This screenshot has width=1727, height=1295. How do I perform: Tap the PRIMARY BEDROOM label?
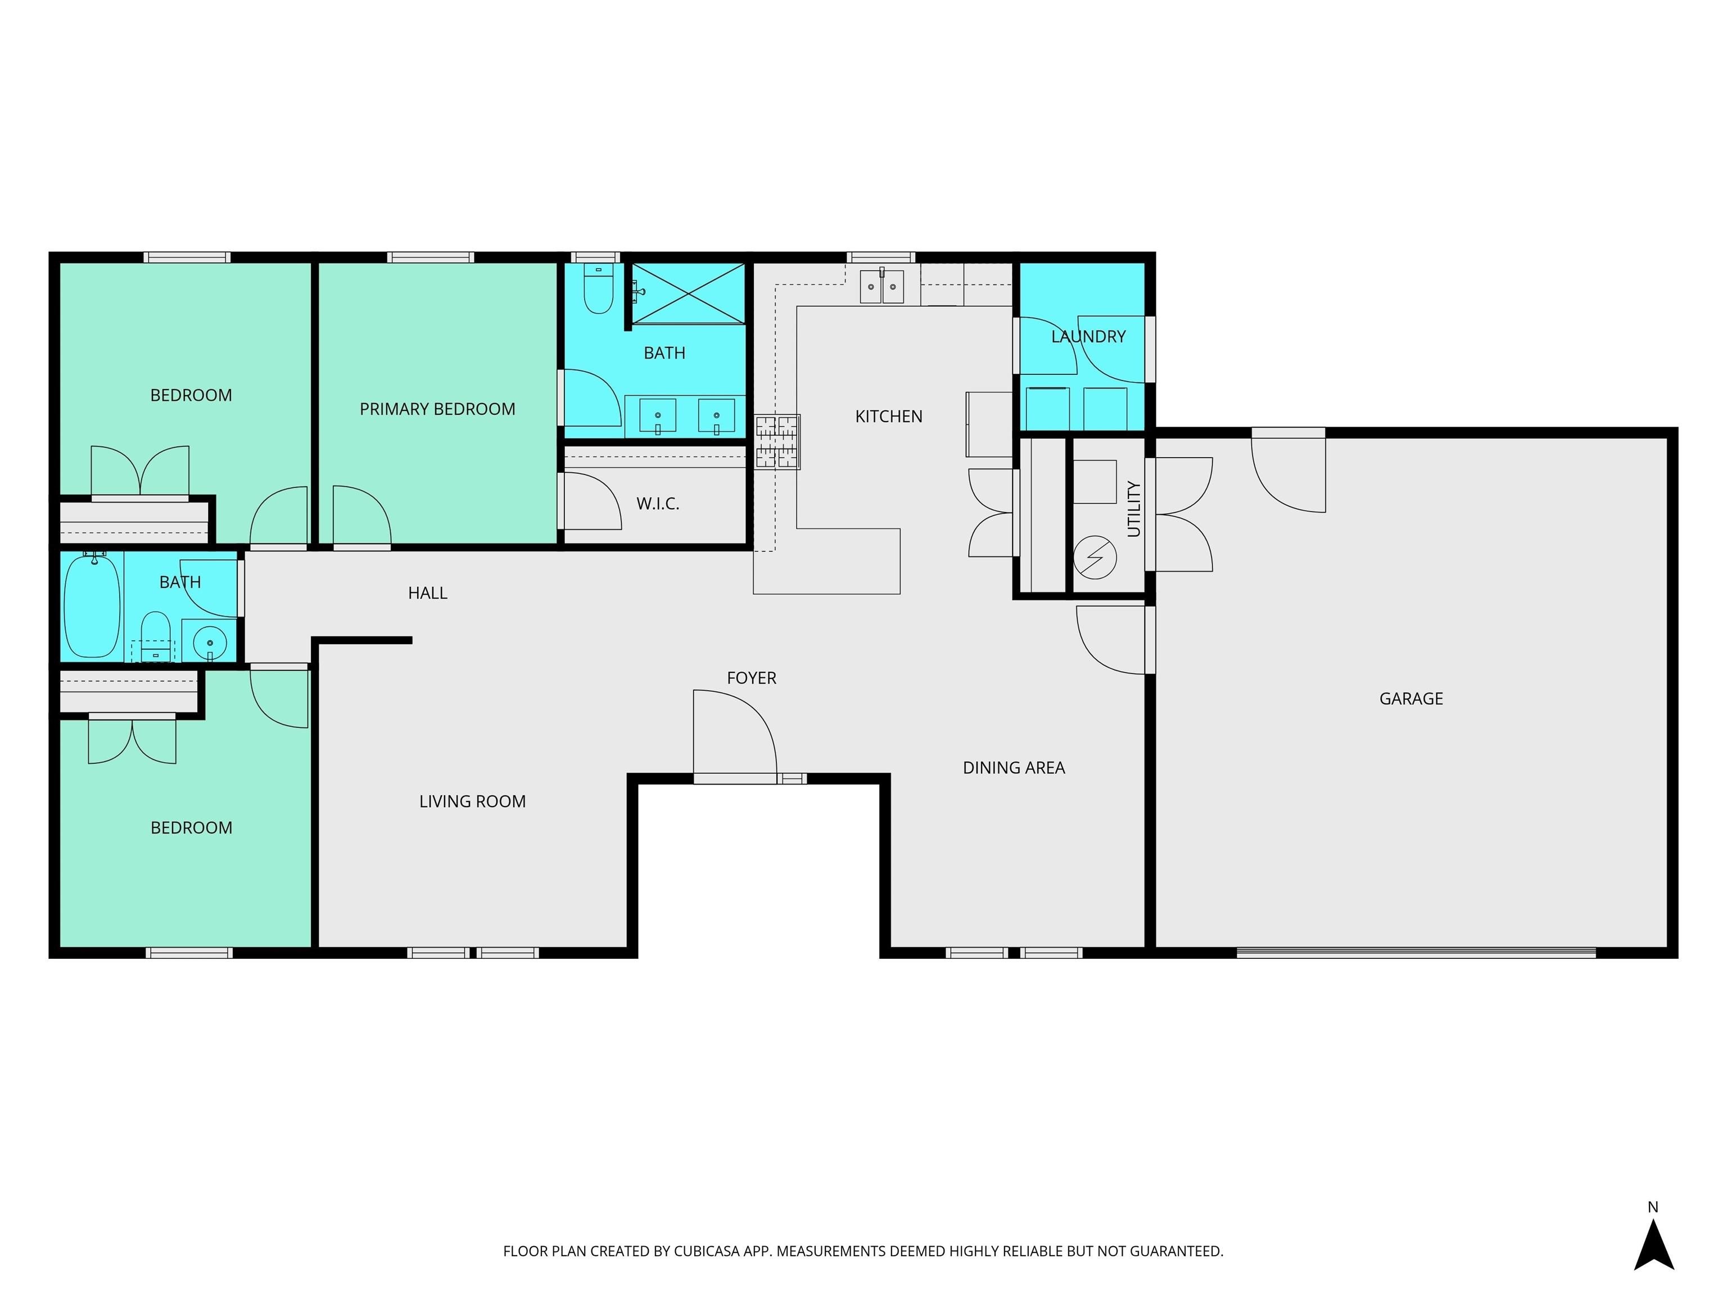(437, 409)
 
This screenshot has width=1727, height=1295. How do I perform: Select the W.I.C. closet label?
(657, 504)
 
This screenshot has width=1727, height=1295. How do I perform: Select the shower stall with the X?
(688, 293)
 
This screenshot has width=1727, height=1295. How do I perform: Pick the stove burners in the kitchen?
(777, 442)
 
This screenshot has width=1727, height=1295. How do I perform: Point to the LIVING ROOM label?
(472, 802)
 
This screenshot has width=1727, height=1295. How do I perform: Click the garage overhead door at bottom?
(1416, 952)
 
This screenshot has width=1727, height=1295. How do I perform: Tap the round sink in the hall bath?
(209, 643)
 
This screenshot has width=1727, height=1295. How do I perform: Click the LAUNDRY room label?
(1088, 337)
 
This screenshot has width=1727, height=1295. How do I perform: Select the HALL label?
(427, 593)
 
